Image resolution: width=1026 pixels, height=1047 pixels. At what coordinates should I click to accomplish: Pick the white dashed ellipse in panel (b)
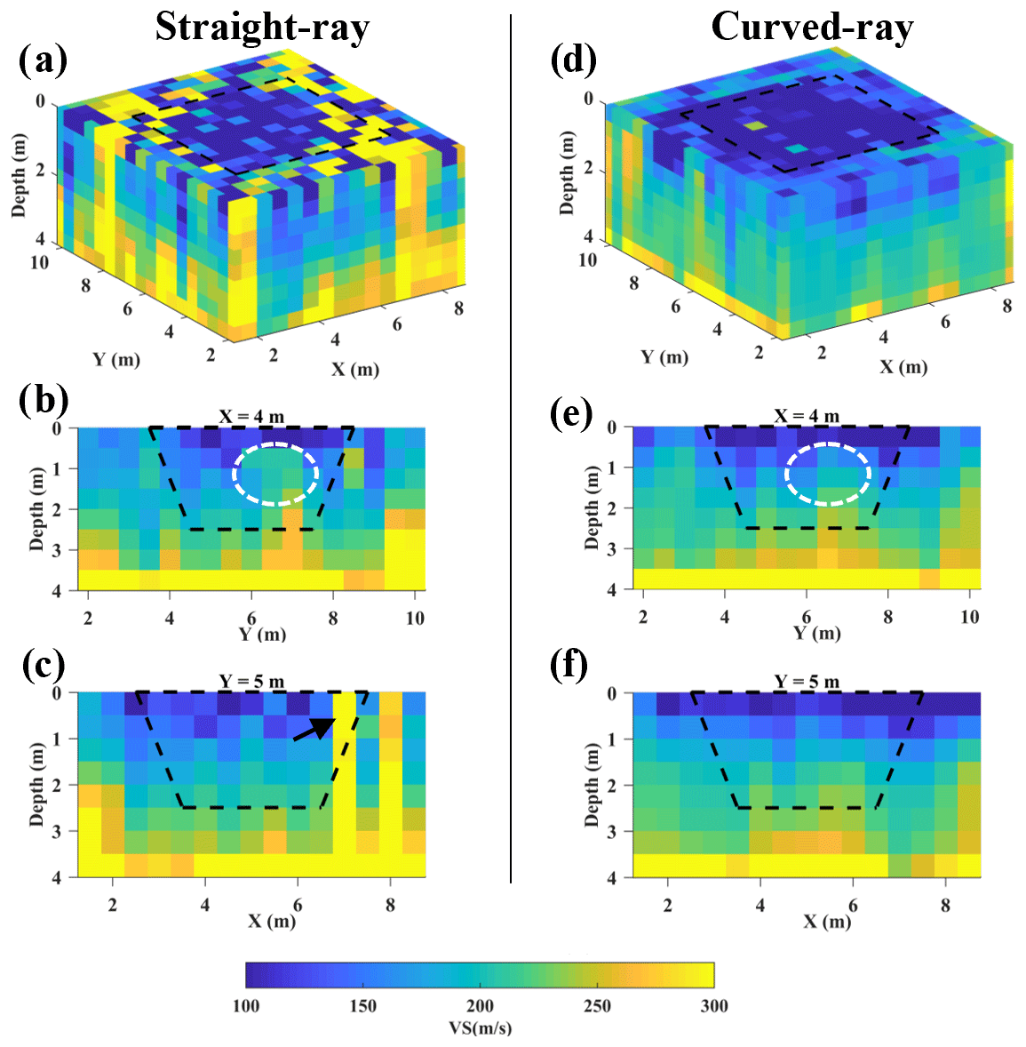click(x=275, y=474)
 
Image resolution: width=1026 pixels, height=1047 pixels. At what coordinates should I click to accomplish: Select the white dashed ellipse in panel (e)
click(x=827, y=474)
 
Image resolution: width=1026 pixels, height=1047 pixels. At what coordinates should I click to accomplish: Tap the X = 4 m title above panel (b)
click(x=252, y=416)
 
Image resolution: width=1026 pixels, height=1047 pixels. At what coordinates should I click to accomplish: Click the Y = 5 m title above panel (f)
click(x=807, y=682)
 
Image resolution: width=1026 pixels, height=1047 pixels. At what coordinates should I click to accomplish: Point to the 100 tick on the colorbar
click(x=246, y=1005)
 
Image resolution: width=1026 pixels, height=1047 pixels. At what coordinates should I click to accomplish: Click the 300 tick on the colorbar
click(x=713, y=1005)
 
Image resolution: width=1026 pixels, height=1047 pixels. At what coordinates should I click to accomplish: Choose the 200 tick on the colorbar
click(x=480, y=1005)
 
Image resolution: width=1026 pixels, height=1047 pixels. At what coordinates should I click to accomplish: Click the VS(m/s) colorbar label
click(x=480, y=1028)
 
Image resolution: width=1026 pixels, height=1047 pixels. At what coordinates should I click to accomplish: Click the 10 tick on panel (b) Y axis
click(x=415, y=618)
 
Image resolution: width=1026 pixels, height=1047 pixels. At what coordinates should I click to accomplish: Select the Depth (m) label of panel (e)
click(x=593, y=508)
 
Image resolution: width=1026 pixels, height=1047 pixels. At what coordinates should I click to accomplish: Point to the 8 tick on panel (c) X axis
click(x=390, y=906)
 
